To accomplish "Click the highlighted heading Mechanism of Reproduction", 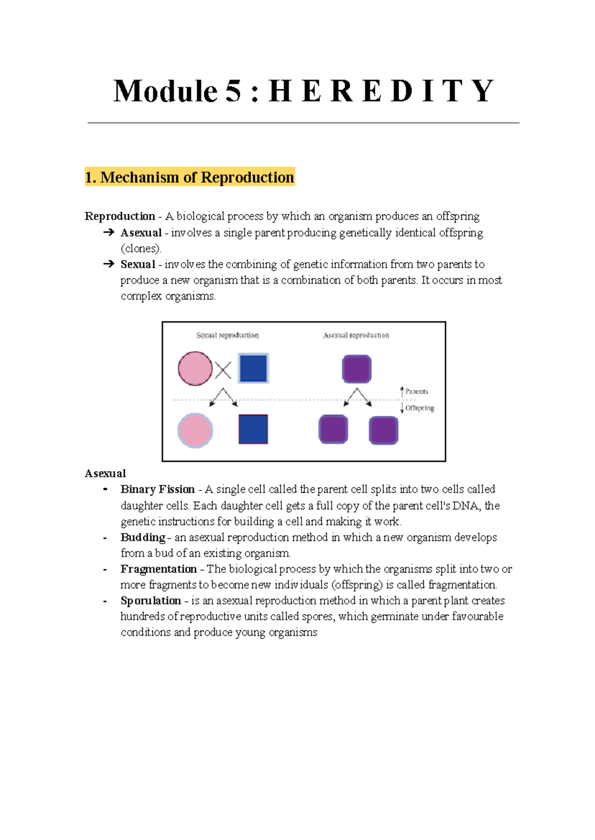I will tap(190, 177).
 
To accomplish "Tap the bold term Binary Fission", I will tap(158, 489).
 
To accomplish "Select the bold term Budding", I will tap(143, 538).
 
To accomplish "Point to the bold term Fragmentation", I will tap(159, 569).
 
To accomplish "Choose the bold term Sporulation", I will tap(151, 601).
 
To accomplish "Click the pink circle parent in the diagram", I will tap(195, 368).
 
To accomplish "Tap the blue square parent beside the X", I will tap(253, 368).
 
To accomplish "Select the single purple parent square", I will tap(357, 369).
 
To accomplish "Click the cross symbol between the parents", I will tap(223, 370).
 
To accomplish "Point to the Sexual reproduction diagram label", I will tap(228, 336).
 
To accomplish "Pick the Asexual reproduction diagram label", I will tap(356, 336).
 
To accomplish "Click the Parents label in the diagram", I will tap(416, 391).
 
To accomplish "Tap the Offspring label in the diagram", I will tap(419, 408).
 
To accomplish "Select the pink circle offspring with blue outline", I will tap(195, 430).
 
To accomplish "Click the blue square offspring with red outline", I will tap(253, 429).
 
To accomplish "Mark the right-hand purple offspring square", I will tap(383, 430).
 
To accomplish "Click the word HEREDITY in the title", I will tap(381, 91).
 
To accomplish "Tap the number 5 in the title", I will tap(233, 91).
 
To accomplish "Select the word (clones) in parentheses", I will tap(141, 248).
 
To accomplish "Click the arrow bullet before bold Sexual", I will tap(109, 264).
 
